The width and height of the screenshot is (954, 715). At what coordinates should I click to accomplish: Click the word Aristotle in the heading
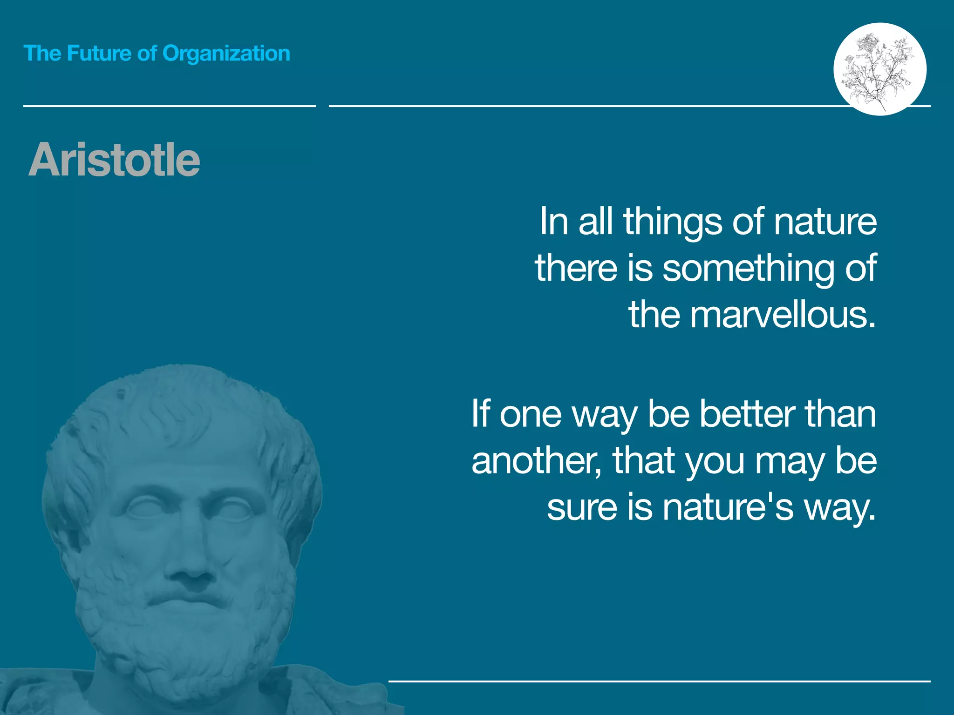click(114, 160)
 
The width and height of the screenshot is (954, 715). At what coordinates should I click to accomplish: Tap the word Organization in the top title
click(226, 54)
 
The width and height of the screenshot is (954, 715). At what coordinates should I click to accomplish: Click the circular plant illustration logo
click(879, 69)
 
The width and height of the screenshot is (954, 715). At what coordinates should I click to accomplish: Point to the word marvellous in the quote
click(783, 315)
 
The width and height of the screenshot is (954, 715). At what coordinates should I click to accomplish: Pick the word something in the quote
click(748, 268)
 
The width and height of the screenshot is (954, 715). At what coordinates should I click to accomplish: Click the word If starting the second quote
click(481, 414)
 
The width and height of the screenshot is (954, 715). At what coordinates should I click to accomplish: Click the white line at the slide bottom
click(659, 681)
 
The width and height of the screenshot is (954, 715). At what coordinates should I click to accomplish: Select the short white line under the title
click(169, 106)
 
